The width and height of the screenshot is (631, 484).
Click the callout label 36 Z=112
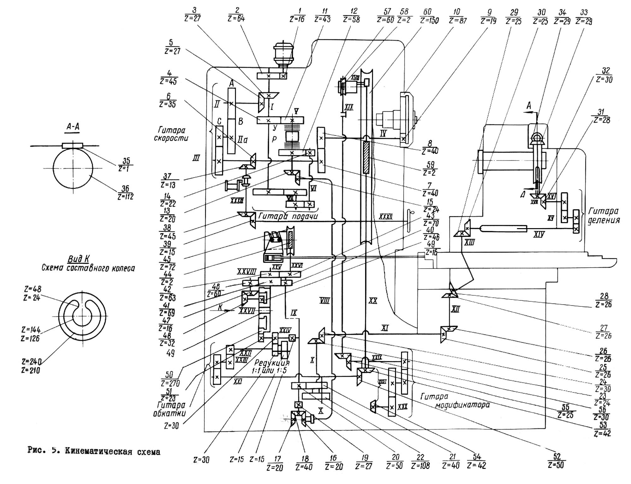point(125,193)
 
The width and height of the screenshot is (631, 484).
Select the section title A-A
point(73,127)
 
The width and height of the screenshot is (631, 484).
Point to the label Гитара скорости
point(171,134)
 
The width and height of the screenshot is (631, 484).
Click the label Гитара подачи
point(288,216)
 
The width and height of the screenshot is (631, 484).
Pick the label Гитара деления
point(603,215)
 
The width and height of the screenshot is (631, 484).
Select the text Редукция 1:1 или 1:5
point(270,367)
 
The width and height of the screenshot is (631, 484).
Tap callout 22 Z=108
point(420,461)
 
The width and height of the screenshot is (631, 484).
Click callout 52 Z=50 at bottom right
point(556,461)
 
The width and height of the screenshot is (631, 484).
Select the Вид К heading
point(78,259)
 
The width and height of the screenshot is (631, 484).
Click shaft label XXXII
point(386,217)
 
